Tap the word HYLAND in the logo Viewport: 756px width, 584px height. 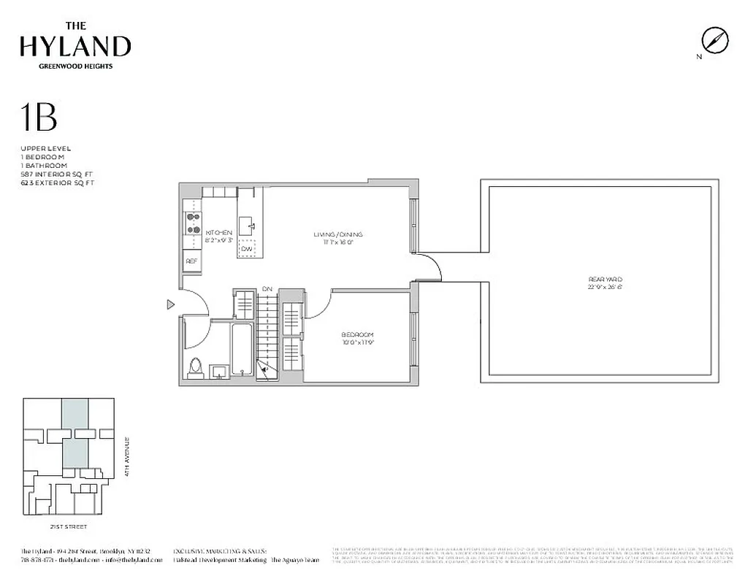click(x=75, y=46)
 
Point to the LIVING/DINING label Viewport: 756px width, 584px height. click(x=338, y=235)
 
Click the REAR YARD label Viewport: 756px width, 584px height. click(x=605, y=280)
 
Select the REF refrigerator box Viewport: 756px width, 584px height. click(x=192, y=261)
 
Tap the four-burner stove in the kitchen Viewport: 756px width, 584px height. click(x=194, y=223)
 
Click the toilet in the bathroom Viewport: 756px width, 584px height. click(x=195, y=367)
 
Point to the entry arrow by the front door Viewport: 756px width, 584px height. click(x=170, y=304)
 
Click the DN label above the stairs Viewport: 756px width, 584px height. click(x=267, y=289)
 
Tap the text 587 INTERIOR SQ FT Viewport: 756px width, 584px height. click(x=57, y=174)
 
